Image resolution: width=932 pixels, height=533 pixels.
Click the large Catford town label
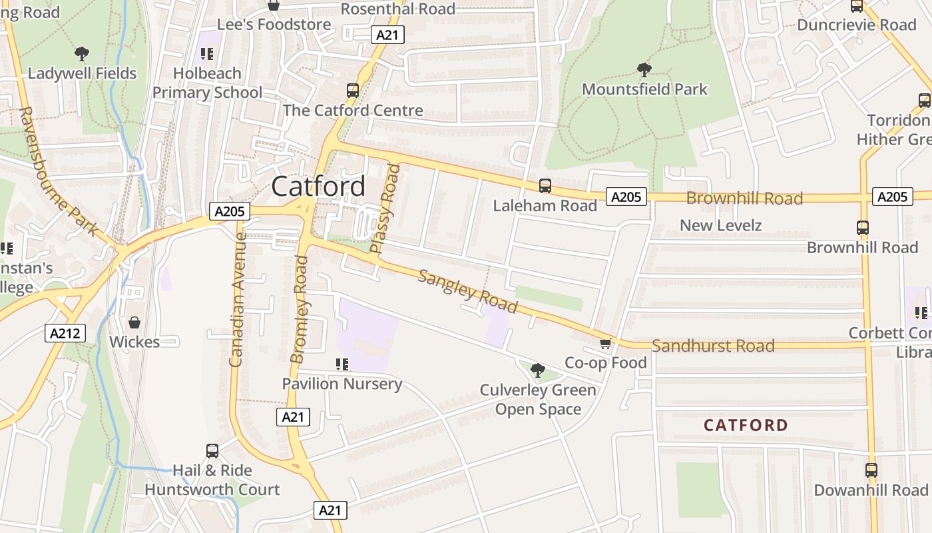click(x=318, y=186)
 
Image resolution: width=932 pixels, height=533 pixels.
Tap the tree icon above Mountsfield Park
click(x=644, y=69)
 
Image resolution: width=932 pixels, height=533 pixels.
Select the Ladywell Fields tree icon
click(x=82, y=54)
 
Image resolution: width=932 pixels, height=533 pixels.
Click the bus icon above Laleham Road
click(x=545, y=186)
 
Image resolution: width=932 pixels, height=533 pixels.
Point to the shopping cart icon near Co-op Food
click(x=605, y=343)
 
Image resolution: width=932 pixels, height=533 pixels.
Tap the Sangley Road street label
click(x=467, y=291)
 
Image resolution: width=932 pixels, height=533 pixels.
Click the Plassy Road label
click(x=385, y=209)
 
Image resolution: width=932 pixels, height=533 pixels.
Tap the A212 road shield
click(x=65, y=333)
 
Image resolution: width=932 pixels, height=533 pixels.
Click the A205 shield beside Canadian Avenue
click(x=230, y=212)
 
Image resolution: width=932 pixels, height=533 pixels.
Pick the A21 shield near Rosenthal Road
click(x=387, y=35)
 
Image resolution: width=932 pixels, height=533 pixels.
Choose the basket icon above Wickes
click(x=134, y=322)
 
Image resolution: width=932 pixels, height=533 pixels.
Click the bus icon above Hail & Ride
click(x=212, y=451)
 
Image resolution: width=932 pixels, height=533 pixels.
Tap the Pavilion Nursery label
click(x=342, y=384)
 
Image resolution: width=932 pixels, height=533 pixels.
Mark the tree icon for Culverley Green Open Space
click(x=538, y=370)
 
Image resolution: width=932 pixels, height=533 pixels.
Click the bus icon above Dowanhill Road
click(x=871, y=470)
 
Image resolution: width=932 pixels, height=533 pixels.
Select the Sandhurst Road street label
click(x=713, y=346)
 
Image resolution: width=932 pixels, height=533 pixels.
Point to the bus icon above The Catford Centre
click(x=353, y=91)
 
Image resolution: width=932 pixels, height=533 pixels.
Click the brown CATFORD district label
click(x=746, y=425)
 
